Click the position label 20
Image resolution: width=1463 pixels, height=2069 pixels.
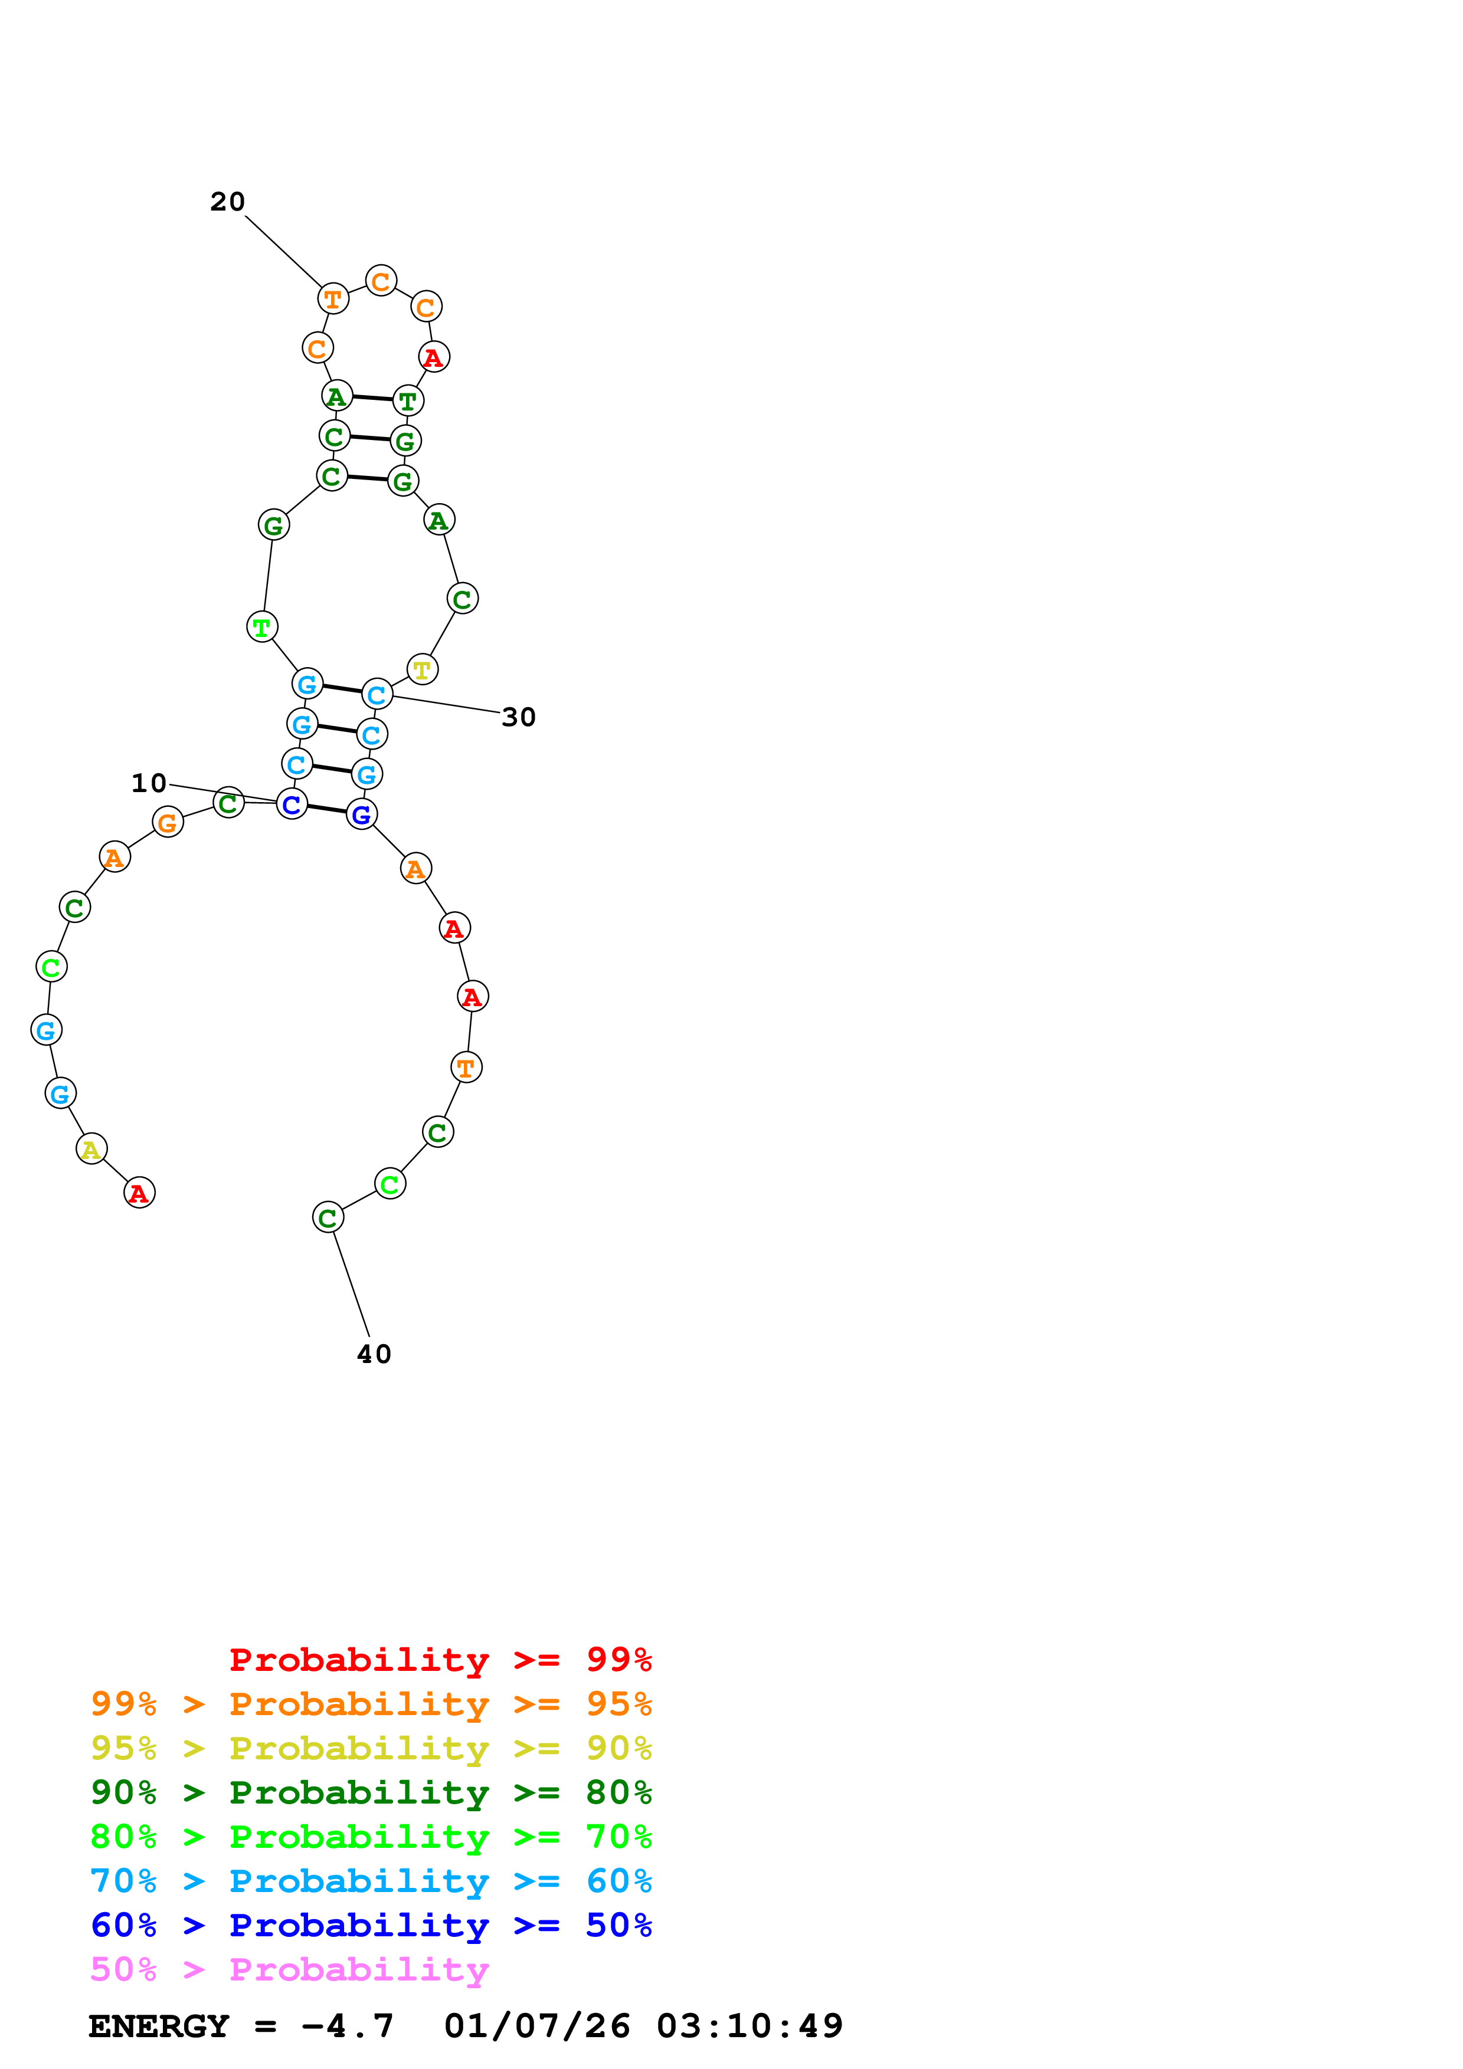point(227,202)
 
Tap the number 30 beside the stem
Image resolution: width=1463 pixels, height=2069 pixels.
point(518,717)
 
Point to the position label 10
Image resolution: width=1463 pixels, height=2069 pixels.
point(149,783)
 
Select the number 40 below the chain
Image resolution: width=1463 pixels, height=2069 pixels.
point(374,1354)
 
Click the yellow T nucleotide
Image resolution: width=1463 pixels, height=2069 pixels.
point(422,669)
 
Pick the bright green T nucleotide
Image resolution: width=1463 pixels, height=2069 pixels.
point(261,626)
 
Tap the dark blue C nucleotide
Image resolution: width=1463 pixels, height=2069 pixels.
point(291,804)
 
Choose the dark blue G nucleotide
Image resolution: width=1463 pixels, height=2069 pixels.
point(361,815)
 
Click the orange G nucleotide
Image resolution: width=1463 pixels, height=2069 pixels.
point(168,822)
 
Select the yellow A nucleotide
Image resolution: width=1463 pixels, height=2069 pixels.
point(91,1149)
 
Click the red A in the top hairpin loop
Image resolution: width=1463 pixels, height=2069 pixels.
point(434,358)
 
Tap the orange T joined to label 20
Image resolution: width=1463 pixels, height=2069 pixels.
point(333,298)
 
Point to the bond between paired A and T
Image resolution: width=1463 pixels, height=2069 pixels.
point(372,398)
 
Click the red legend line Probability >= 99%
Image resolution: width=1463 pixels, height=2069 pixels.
point(440,1660)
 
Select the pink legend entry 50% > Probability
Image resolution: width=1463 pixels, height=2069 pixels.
point(289,1970)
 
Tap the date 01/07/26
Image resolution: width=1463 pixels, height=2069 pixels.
point(537,2027)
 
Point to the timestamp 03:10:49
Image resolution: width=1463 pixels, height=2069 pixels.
point(749,2027)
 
